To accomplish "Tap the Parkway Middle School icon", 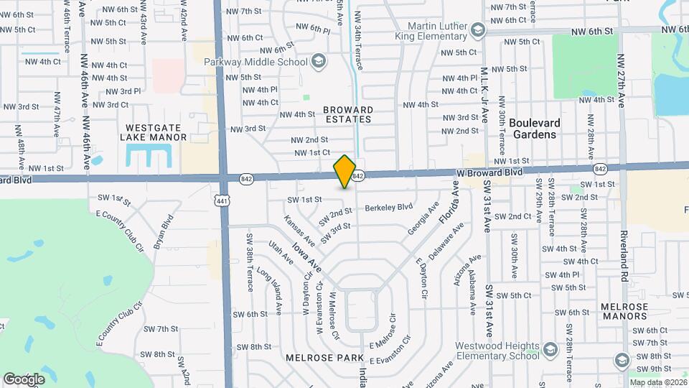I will click(317, 63).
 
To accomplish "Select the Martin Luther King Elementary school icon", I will click(477, 30).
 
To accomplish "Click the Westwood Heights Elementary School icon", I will click(550, 350).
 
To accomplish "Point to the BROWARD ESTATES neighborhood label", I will click(348, 114).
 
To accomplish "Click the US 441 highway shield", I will click(222, 201).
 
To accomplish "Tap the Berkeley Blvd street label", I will click(388, 208).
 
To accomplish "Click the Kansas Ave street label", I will click(299, 229).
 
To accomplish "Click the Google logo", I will click(24, 379).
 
